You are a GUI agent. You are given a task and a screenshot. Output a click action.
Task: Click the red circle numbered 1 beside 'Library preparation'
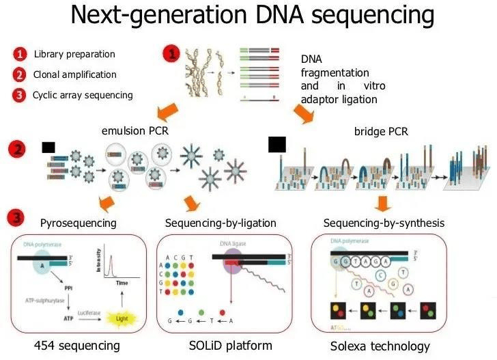[20, 54]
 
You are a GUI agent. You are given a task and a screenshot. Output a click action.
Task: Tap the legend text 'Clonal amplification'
[75, 74]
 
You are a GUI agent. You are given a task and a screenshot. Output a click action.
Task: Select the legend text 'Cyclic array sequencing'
[83, 95]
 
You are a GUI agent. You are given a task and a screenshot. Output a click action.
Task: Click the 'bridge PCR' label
[382, 130]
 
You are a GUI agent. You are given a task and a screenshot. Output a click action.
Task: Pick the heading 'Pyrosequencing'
[78, 223]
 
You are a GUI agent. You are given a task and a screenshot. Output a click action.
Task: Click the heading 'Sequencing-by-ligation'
[221, 223]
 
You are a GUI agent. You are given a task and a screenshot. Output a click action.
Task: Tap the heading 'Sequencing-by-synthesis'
[384, 223]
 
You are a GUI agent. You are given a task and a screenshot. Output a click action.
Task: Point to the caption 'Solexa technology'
[380, 346]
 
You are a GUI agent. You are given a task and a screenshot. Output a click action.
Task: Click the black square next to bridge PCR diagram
[277, 144]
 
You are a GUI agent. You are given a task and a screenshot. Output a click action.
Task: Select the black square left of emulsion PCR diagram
[48, 147]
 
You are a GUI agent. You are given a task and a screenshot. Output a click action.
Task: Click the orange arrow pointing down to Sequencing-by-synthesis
[383, 203]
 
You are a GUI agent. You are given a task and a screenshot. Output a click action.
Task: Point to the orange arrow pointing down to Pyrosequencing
[105, 202]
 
